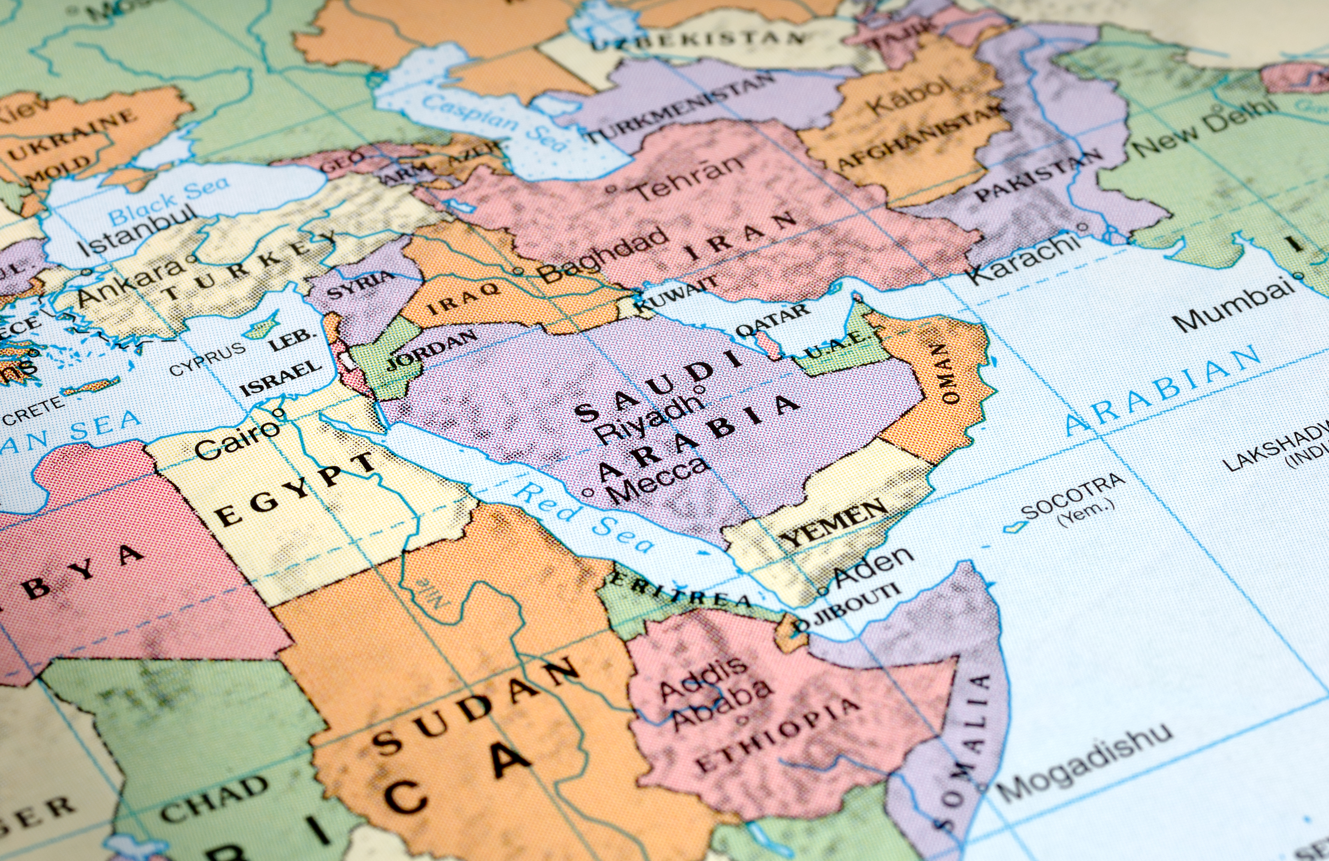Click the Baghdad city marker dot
pos(517,272)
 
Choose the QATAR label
pos(772,321)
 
